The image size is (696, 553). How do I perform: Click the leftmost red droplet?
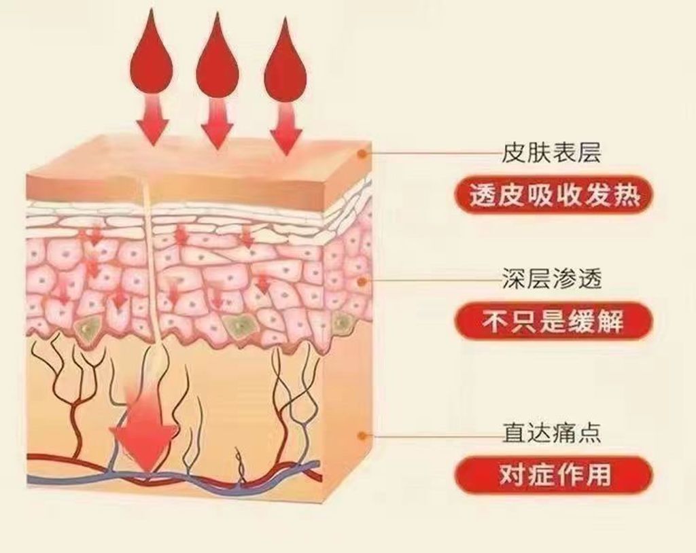(x=151, y=58)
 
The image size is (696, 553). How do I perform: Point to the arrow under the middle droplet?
(x=217, y=122)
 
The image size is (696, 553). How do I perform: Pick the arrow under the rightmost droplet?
(x=285, y=126)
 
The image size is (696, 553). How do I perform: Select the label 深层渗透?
(x=551, y=279)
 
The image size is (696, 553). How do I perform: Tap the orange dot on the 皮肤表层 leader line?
(x=364, y=154)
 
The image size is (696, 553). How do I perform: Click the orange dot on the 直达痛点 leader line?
(x=363, y=435)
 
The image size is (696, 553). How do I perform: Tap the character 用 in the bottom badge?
(x=599, y=474)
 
